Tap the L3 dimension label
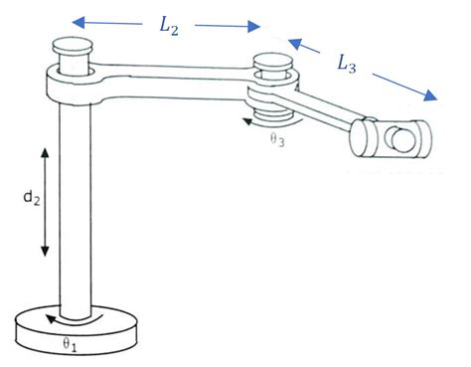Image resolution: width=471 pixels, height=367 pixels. pos(347,66)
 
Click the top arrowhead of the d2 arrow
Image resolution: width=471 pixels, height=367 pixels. pos(45,150)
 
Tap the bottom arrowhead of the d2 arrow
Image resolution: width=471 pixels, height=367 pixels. pos(45,253)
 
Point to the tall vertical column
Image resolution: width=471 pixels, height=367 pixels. pos(76,199)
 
